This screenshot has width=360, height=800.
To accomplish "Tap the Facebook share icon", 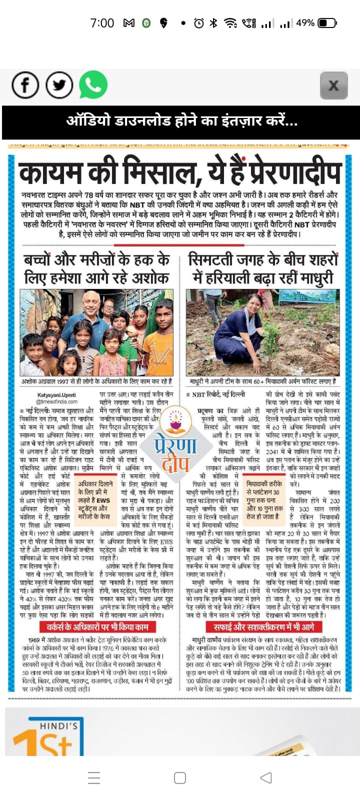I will click(25, 85).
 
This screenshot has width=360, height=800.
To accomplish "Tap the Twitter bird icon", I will click(59, 85).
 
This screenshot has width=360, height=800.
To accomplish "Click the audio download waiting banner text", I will click(181, 121).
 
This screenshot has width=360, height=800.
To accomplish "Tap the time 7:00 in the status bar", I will click(102, 23).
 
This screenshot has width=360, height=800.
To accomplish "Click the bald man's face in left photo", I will click(92, 303).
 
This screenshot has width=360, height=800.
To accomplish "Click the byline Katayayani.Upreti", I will click(56, 395).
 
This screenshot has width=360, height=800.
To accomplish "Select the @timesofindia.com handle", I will click(56, 401).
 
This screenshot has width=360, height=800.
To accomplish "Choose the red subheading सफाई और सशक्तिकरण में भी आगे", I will click(263, 626).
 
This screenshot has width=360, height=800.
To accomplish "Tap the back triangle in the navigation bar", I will click(266, 777).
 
